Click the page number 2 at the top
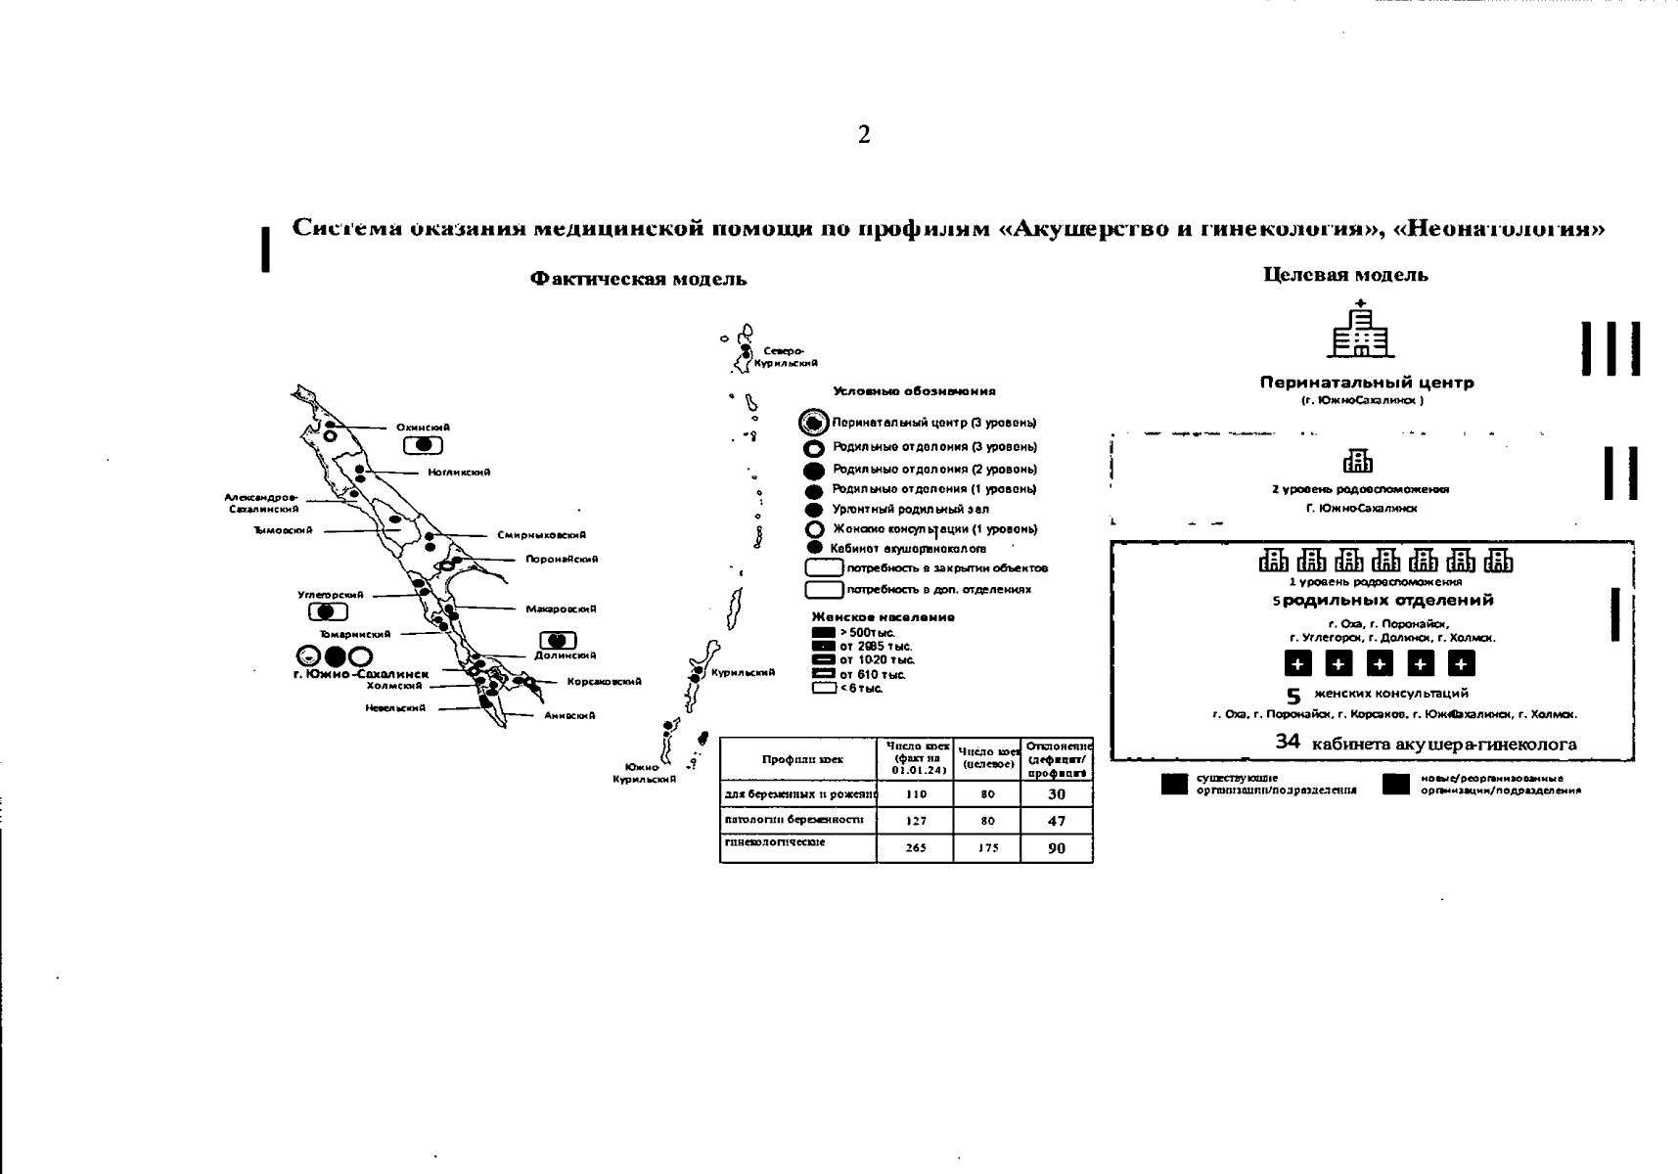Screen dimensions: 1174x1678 click(x=864, y=136)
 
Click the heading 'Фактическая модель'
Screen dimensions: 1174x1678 click(x=638, y=280)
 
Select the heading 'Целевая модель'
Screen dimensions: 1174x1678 click(x=1345, y=276)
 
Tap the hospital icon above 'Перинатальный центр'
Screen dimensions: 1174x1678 click(x=1360, y=330)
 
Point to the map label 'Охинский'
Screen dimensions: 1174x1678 click(x=423, y=428)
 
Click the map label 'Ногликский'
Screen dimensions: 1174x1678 click(x=459, y=473)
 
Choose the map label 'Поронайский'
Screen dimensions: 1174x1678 click(x=561, y=560)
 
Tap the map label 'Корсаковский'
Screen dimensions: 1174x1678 click(x=604, y=682)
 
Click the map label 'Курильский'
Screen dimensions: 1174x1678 click(x=743, y=673)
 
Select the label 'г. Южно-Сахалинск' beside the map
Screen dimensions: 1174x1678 click(x=361, y=674)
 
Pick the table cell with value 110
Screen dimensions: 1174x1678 click(x=916, y=794)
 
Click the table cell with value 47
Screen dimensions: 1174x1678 click(x=1056, y=822)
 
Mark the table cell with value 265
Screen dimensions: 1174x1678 click(x=916, y=848)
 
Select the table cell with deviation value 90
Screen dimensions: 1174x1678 click(x=1056, y=848)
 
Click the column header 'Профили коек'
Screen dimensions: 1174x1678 click(x=802, y=759)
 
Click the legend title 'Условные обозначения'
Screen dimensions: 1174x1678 click(x=914, y=391)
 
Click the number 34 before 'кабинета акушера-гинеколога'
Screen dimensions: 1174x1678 click(x=1288, y=743)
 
